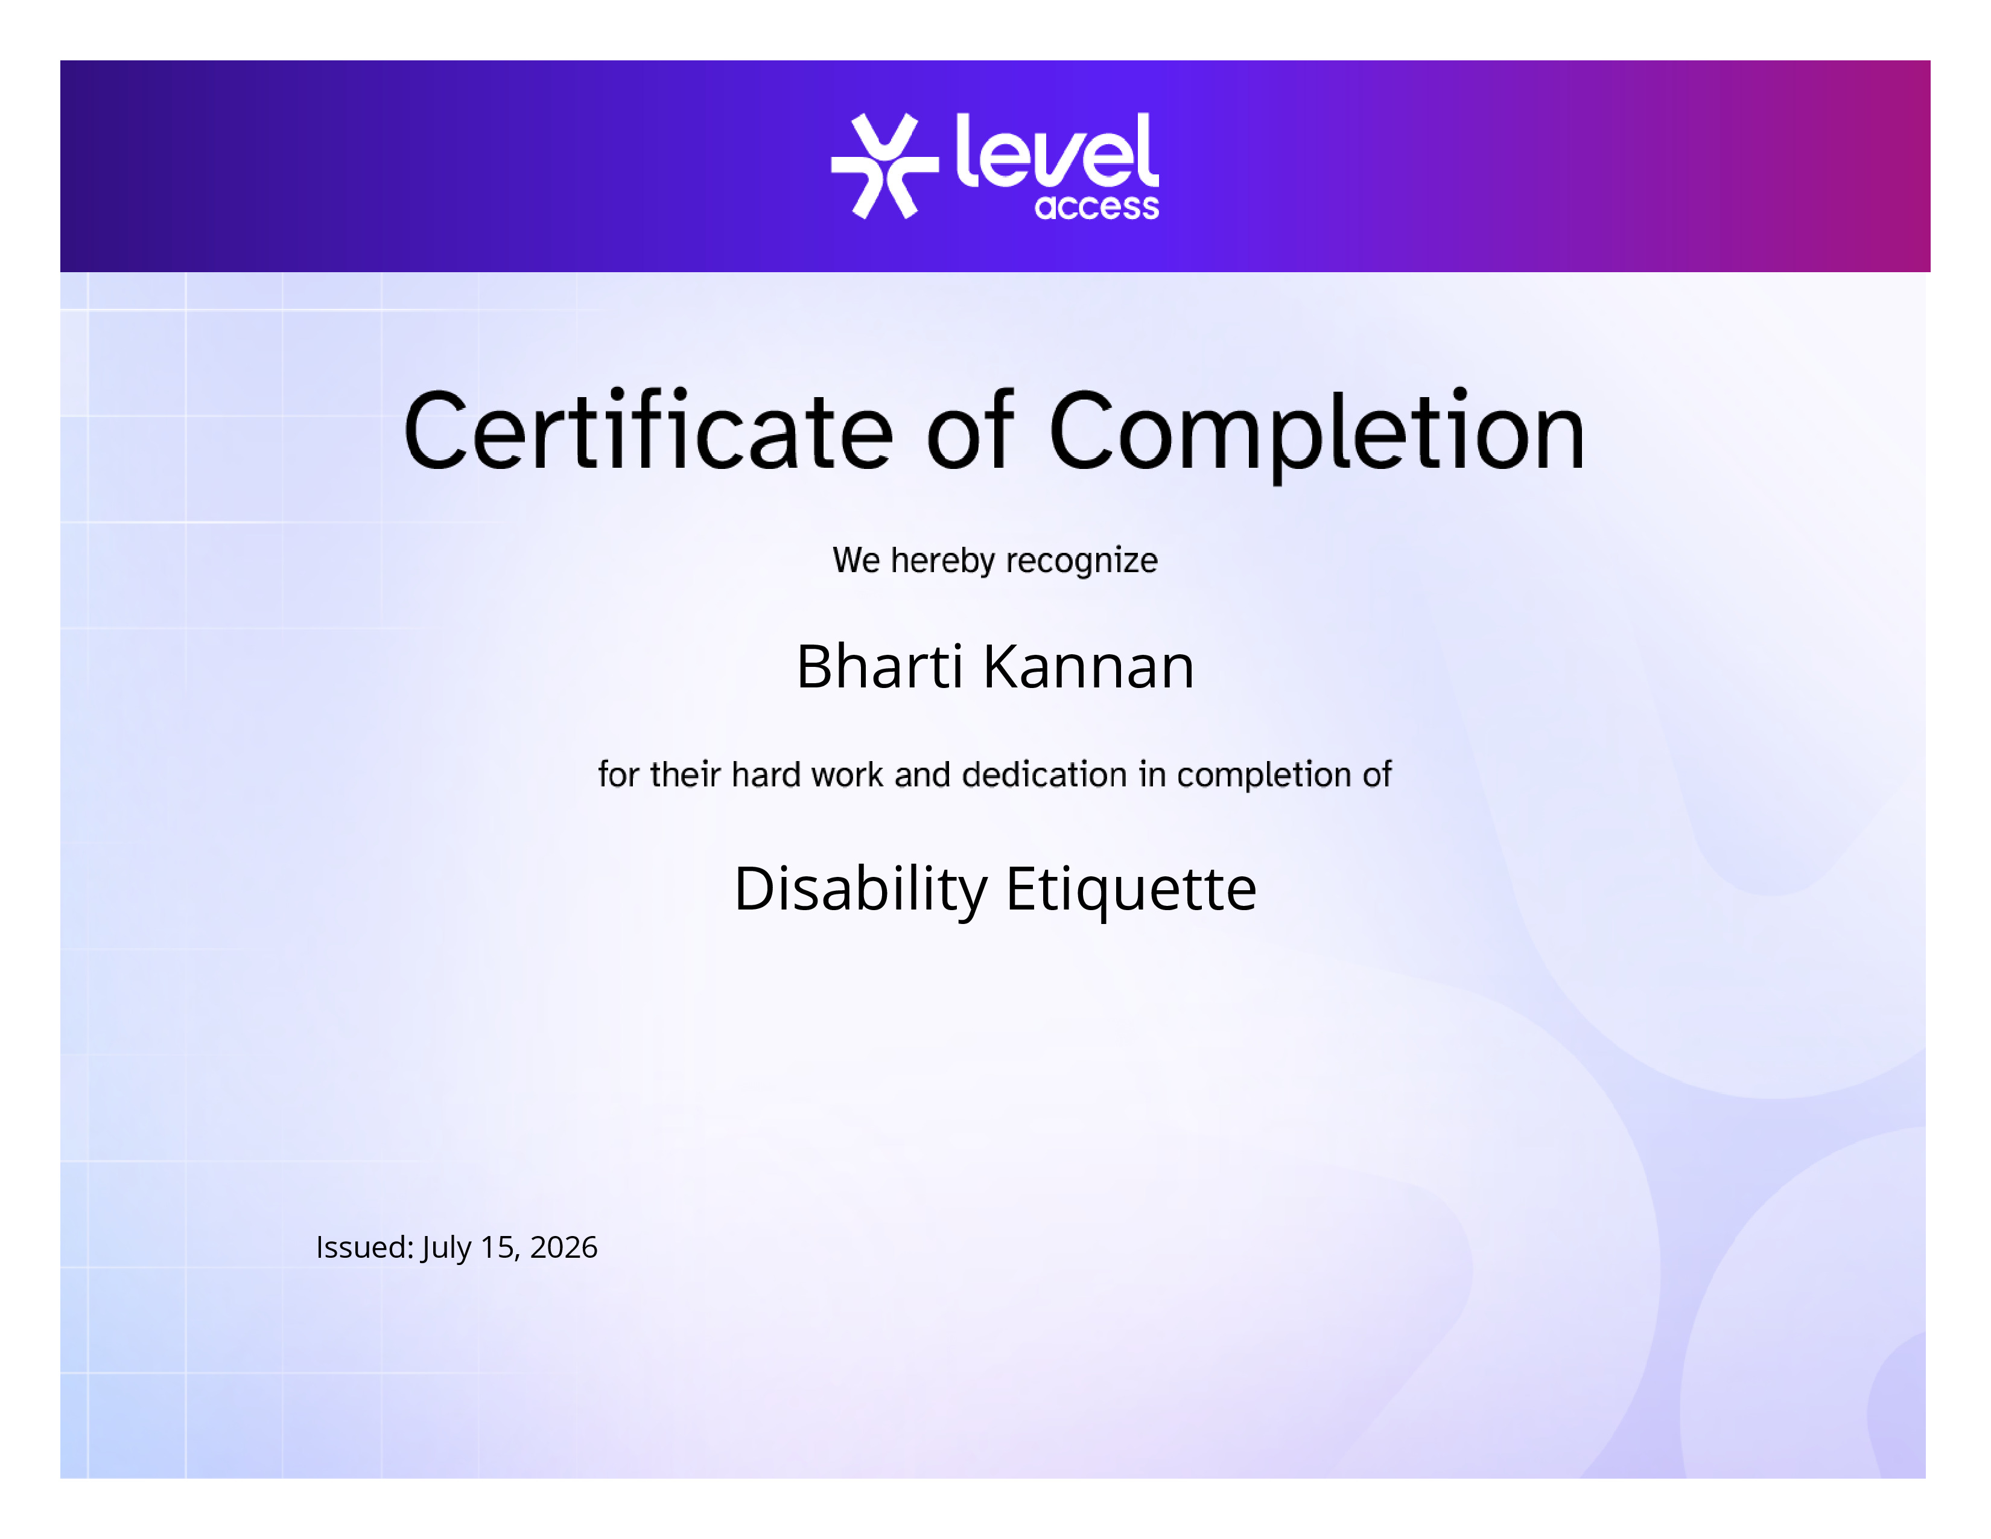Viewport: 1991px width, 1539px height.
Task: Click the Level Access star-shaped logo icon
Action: pyautogui.click(x=884, y=166)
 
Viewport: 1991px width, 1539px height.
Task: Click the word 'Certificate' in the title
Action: pyautogui.click(x=648, y=430)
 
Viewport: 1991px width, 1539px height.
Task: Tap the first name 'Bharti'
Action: pyautogui.click(x=880, y=666)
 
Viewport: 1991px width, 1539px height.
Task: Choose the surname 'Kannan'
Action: pyautogui.click(x=1088, y=666)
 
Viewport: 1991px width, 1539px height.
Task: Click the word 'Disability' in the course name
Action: pyautogui.click(x=860, y=889)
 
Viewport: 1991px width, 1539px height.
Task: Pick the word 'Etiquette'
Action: pyautogui.click(x=1131, y=889)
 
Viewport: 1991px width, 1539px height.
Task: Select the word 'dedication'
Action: pyautogui.click(x=1045, y=774)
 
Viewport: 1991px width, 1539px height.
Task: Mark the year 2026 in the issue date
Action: pyautogui.click(x=564, y=1247)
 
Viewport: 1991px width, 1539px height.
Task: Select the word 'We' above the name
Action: pyautogui.click(x=857, y=561)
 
